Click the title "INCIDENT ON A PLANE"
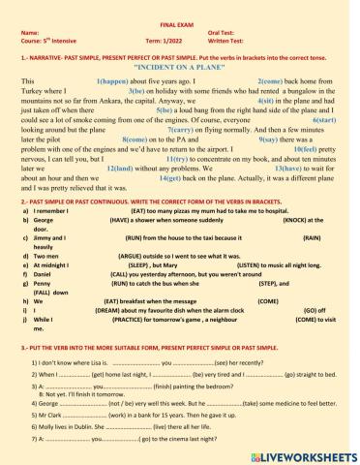click(x=180, y=71)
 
